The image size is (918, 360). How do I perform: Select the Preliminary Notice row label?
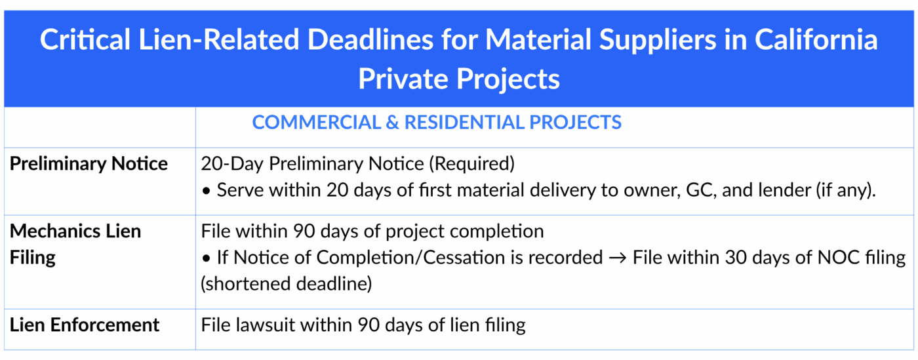(x=89, y=164)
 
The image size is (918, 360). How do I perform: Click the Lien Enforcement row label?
(x=85, y=325)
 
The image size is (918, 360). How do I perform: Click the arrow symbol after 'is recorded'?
(x=617, y=258)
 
